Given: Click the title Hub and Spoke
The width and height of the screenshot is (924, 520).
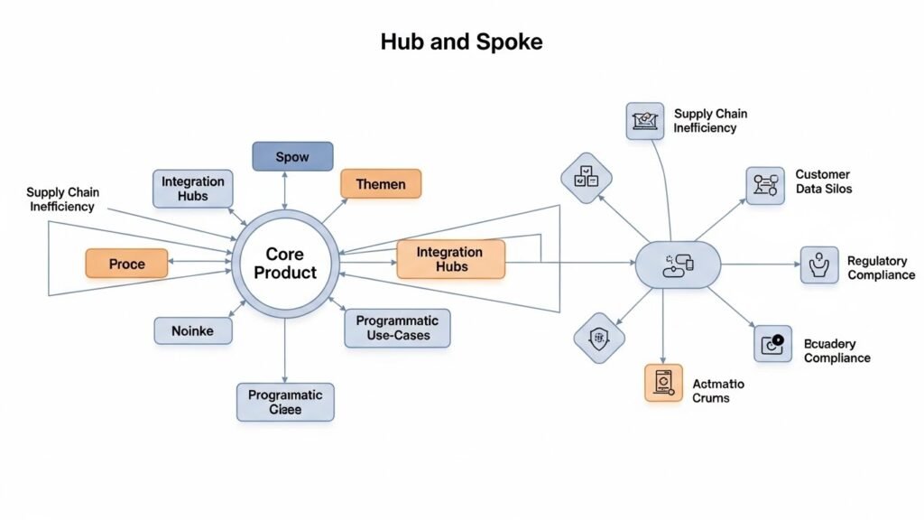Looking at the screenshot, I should [461, 42].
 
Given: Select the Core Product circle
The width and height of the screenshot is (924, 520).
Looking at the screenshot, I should [285, 263].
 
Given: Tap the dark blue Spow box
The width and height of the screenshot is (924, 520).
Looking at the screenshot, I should [292, 157].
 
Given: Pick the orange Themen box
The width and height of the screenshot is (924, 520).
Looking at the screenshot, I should [380, 184].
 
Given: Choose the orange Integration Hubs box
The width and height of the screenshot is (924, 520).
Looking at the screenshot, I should [449, 260].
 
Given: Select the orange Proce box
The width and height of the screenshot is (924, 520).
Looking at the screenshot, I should [126, 264].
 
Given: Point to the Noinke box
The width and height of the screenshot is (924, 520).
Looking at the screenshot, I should [192, 331].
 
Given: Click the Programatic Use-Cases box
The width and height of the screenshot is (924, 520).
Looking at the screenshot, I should [397, 328].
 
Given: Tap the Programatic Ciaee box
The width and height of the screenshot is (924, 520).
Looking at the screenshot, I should [285, 402].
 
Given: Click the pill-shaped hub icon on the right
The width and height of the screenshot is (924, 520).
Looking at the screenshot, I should [678, 265].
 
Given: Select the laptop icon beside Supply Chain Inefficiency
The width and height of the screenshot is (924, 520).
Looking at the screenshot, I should [645, 121].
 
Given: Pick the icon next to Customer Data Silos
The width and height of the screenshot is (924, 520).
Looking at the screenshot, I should [765, 185].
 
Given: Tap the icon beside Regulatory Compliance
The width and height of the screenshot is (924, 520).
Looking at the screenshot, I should [819, 265].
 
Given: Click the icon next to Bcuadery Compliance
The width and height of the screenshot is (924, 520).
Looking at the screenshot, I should [772, 344].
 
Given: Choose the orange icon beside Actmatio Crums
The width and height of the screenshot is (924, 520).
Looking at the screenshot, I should [663, 382].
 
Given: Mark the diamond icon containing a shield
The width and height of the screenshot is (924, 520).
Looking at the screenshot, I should [599, 339].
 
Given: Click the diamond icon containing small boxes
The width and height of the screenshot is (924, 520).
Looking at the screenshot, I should [587, 178].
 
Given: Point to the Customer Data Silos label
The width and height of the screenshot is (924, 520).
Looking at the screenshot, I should [823, 181].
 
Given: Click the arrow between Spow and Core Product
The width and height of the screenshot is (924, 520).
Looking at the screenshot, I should [285, 191].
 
